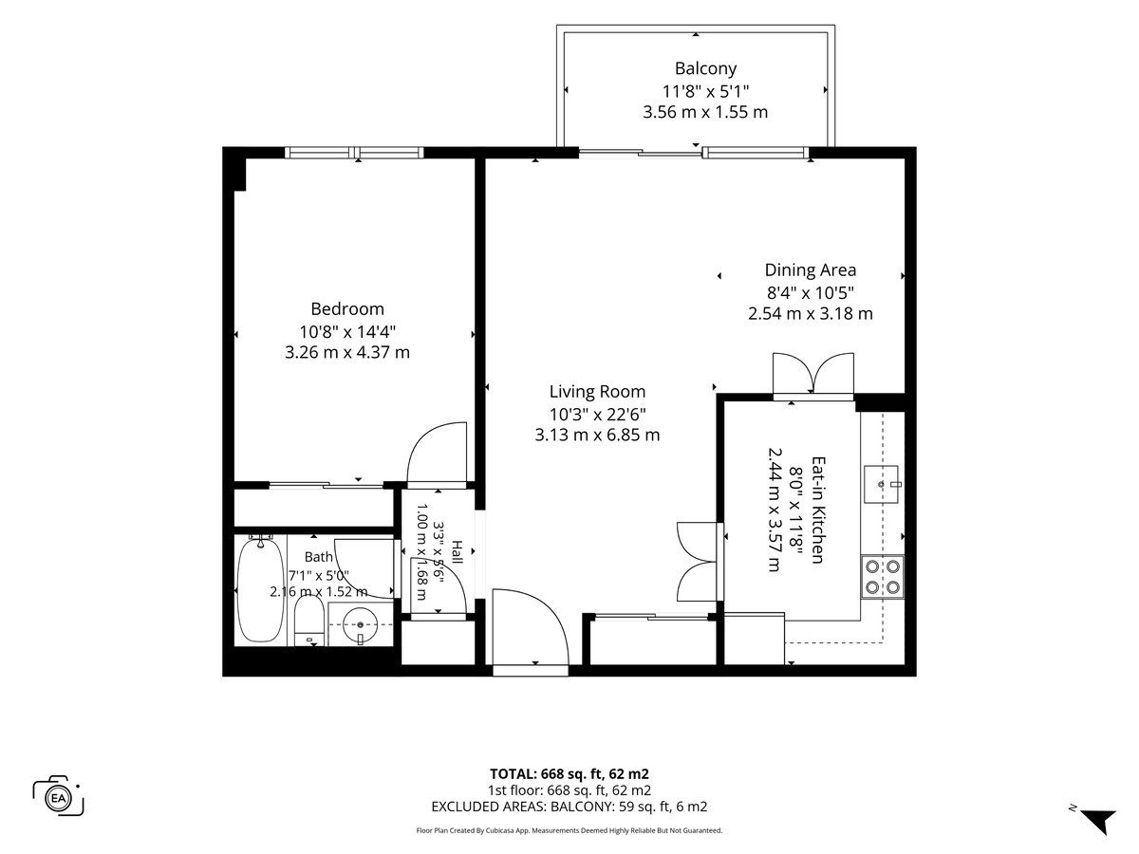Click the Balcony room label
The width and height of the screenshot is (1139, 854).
point(705,68)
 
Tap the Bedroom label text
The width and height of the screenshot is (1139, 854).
point(347,309)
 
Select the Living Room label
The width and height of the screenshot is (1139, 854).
point(597,392)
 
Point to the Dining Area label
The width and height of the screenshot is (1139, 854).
point(810,270)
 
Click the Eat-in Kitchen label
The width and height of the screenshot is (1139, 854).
point(818,510)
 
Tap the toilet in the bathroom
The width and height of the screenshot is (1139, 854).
point(309,621)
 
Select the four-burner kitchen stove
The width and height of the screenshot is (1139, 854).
point(883,577)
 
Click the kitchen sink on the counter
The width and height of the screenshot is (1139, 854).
point(881,484)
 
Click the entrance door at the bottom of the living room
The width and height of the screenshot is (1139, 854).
point(530,627)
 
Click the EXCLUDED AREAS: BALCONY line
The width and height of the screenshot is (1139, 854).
point(569,807)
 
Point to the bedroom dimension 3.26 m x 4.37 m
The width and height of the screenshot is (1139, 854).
point(347,353)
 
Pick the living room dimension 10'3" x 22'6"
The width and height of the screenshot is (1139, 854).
point(597,415)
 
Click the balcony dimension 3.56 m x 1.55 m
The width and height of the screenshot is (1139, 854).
point(705,112)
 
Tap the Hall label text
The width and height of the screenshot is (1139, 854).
point(457,552)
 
